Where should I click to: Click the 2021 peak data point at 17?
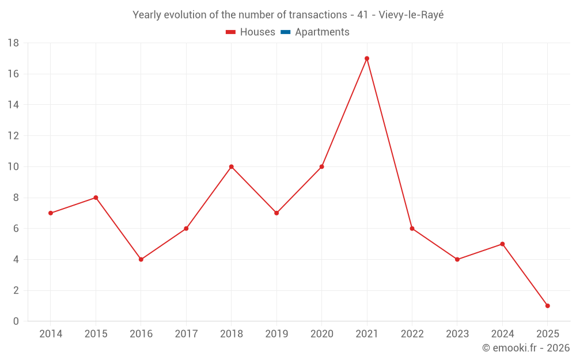click(367, 58)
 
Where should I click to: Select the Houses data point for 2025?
click(547, 306)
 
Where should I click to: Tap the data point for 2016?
click(141, 259)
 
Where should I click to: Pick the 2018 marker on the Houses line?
click(232, 166)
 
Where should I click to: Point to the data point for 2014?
click(51, 213)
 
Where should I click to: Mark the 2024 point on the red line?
click(502, 244)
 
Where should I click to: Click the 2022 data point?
click(412, 229)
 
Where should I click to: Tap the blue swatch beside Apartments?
click(285, 32)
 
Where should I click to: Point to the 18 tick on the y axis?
click(13, 43)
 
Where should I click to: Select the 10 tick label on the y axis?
click(13, 167)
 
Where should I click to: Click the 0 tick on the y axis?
click(16, 321)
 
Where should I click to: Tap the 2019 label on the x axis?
click(276, 334)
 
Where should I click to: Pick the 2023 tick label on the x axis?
click(457, 334)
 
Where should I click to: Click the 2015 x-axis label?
click(96, 334)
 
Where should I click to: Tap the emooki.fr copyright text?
click(525, 348)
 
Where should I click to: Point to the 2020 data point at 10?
click(321, 166)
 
